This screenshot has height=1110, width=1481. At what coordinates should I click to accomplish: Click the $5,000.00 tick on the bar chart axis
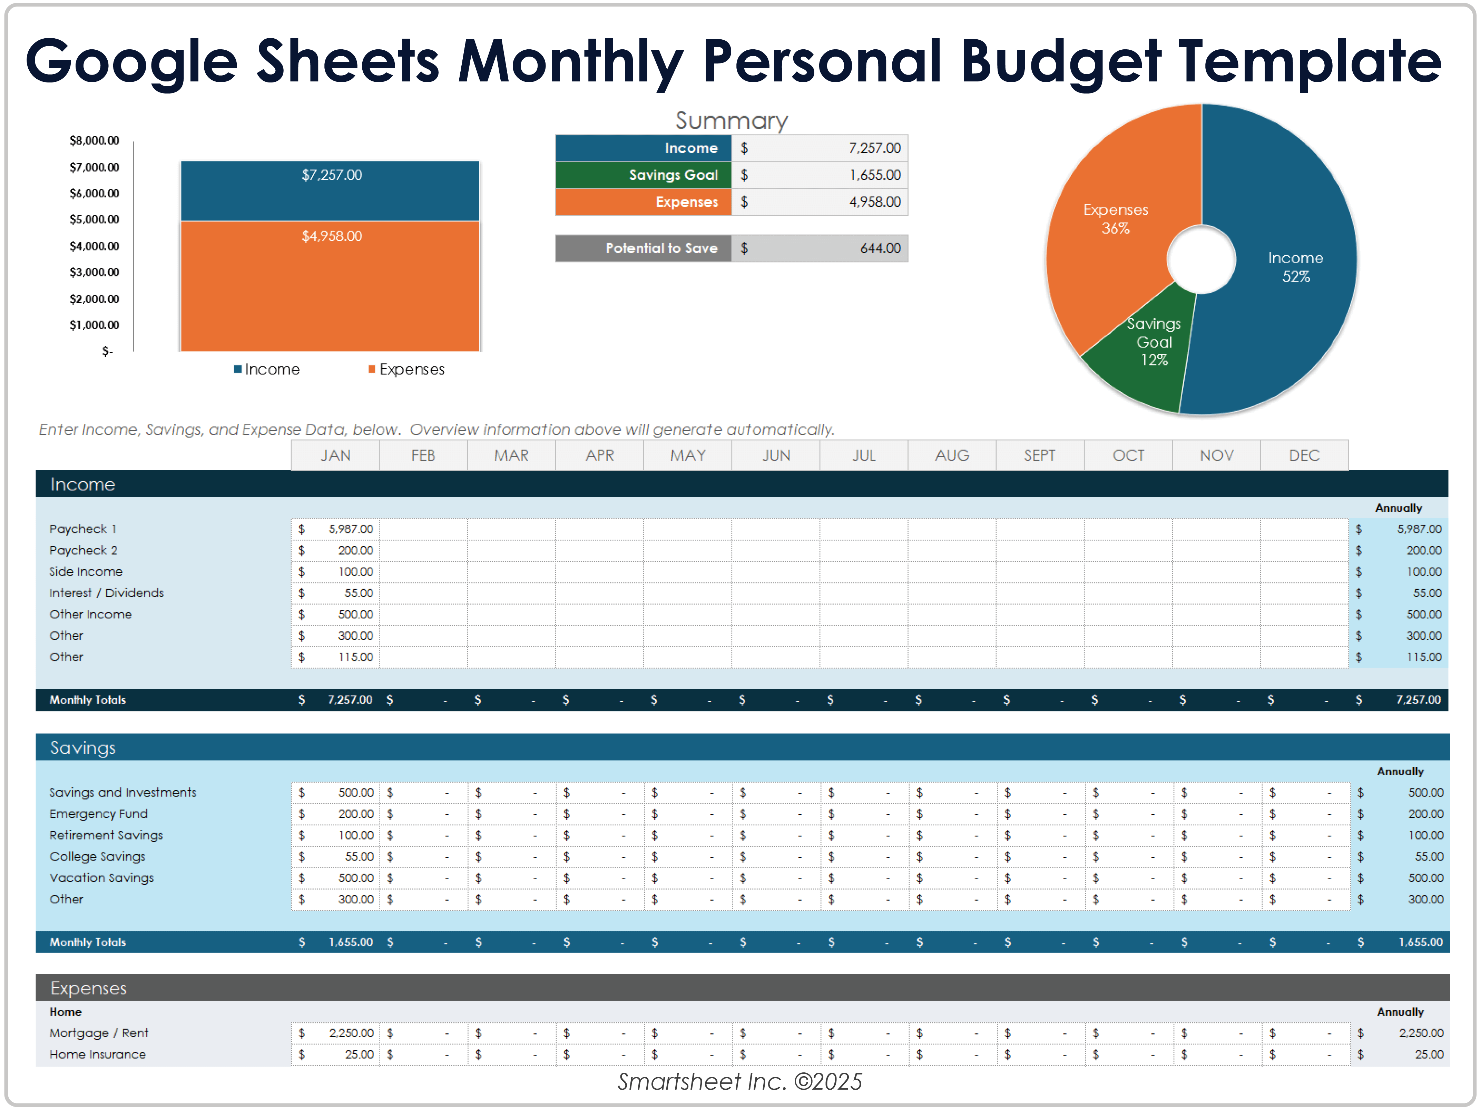[95, 219]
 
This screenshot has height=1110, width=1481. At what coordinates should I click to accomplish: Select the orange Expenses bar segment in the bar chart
[330, 295]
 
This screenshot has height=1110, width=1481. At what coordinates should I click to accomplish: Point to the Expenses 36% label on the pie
[1116, 219]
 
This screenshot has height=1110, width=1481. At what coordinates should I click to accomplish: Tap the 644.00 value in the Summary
[880, 248]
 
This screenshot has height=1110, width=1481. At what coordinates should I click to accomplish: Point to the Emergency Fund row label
[98, 814]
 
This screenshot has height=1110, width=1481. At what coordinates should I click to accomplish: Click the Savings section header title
[83, 748]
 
